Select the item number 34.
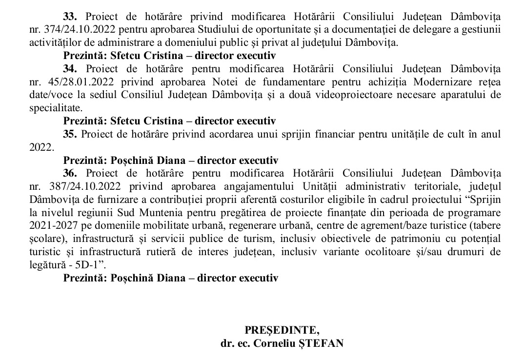click(70, 68)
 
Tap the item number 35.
click(70, 134)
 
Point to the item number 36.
click(70, 173)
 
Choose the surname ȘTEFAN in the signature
click(323, 343)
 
